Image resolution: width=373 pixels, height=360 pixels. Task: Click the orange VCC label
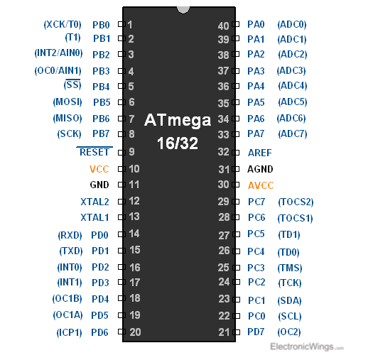[x=99, y=169]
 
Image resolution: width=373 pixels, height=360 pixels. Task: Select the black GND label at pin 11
[x=99, y=185]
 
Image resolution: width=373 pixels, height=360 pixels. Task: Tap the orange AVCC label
[x=261, y=185]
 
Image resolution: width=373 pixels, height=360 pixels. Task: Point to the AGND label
[x=260, y=169]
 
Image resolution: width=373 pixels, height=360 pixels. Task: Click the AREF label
[x=260, y=153]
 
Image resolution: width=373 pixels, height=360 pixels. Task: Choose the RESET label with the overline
[x=94, y=152]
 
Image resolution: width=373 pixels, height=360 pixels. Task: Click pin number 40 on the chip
[x=223, y=26]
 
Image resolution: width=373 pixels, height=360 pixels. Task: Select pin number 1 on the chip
[x=130, y=24]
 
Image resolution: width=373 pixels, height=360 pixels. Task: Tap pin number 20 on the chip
[x=135, y=332]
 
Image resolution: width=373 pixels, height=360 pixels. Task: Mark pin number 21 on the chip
[x=224, y=332]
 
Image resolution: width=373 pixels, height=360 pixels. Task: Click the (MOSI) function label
[x=67, y=102]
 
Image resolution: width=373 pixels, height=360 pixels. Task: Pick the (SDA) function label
[x=289, y=301]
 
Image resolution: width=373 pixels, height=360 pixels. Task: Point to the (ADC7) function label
[x=293, y=134]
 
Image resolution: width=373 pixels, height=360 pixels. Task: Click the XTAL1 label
[x=94, y=217]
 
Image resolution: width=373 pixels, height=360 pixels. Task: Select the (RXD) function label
[x=70, y=236]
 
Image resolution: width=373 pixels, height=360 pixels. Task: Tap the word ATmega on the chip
[x=178, y=120]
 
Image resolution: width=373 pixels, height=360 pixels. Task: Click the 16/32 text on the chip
[x=178, y=143]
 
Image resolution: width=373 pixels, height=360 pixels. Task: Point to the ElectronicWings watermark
[x=307, y=347]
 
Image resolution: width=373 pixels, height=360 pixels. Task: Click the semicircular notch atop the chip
[x=183, y=10]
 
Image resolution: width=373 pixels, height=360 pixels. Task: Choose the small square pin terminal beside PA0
[x=236, y=24]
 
